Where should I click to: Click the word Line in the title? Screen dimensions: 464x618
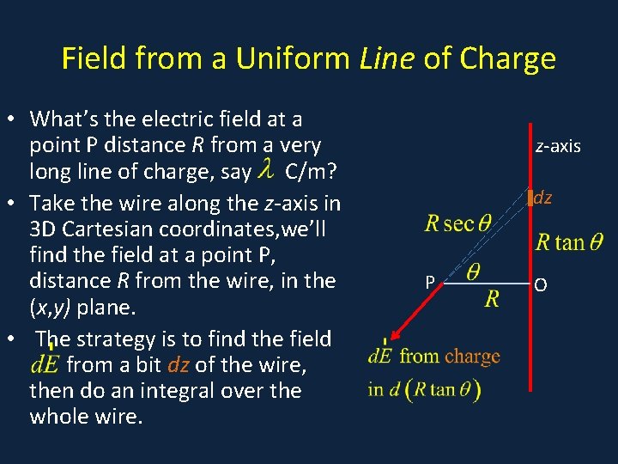pyautogui.click(x=381, y=58)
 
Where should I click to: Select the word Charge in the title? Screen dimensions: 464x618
pyautogui.click(x=508, y=58)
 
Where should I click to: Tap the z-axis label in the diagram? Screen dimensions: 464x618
pyautogui.click(x=558, y=146)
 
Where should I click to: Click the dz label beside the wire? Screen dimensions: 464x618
pyautogui.click(x=542, y=198)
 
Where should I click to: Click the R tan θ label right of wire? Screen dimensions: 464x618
pyautogui.click(x=570, y=242)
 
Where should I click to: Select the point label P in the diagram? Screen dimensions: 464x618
pyautogui.click(x=432, y=281)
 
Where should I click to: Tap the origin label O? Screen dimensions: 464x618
pyautogui.click(x=540, y=284)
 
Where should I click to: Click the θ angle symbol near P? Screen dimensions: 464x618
pyautogui.click(x=472, y=272)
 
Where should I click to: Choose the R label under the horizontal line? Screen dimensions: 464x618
pyautogui.click(x=492, y=299)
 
